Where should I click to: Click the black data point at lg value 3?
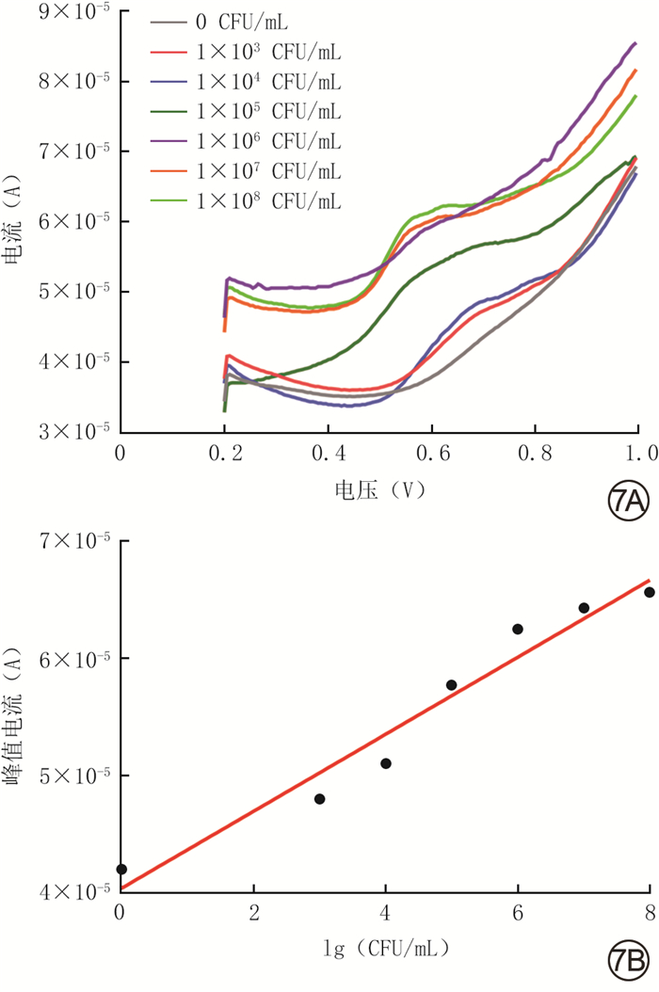(x=319, y=799)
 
